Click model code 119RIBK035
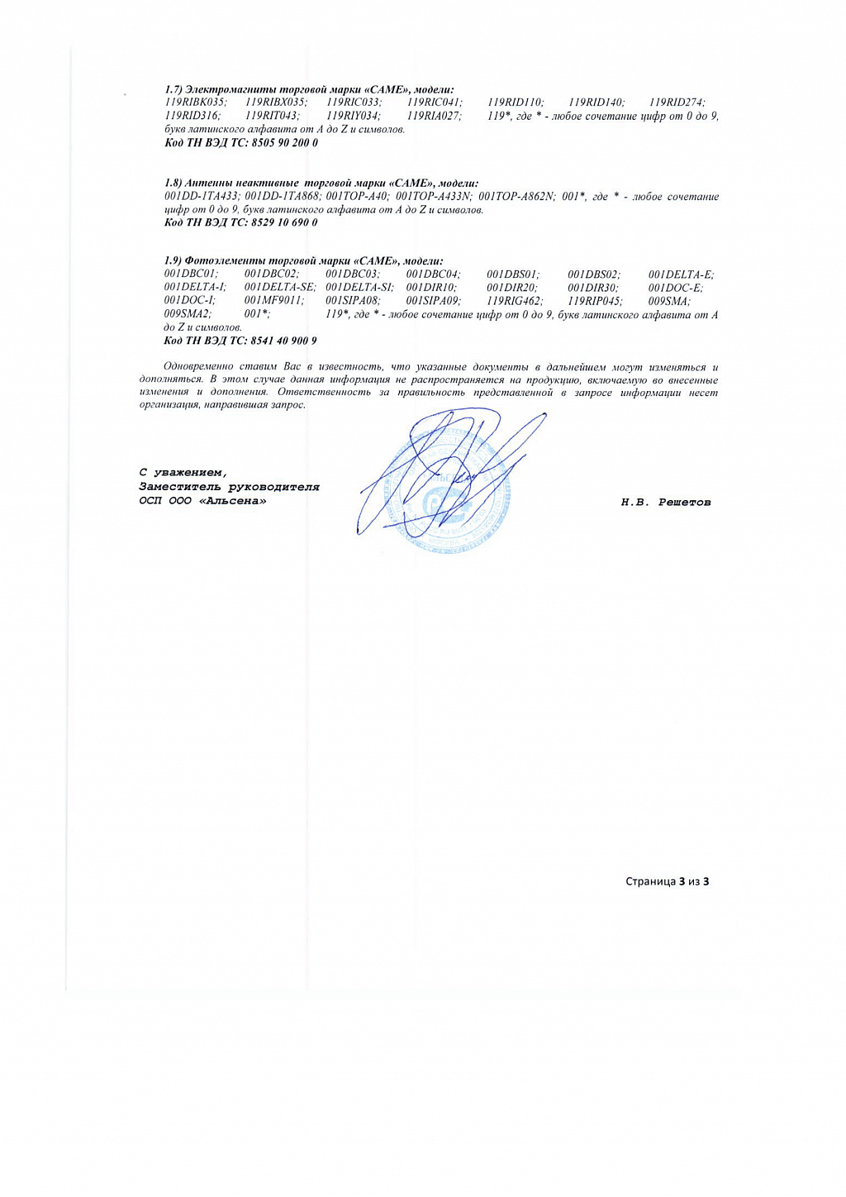pos(195,103)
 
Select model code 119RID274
pos(677,103)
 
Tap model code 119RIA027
pos(434,116)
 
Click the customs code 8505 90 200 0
pos(284,142)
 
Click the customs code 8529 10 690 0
pos(284,222)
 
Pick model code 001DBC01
pos(191,274)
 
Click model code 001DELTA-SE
pos(280,288)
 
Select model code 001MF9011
pos(274,301)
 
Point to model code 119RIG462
pos(515,301)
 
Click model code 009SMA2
pos(188,314)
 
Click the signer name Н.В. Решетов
pos(666,503)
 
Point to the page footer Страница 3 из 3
pos(667,881)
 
